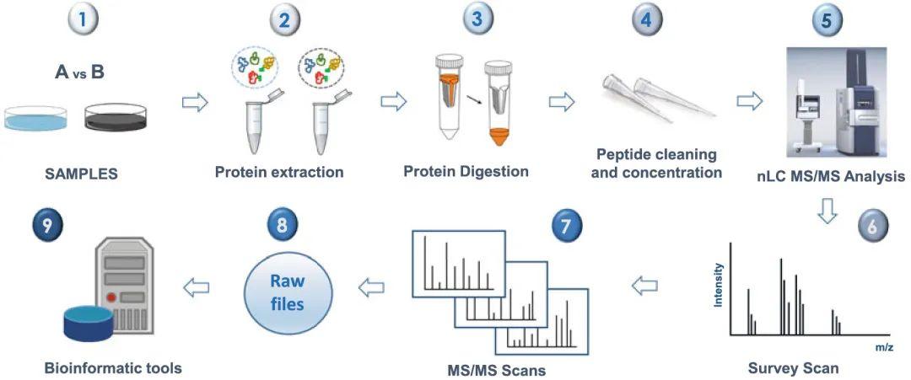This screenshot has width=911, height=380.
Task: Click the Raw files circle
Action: point(287,292)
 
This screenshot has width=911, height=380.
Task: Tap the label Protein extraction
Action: point(279,172)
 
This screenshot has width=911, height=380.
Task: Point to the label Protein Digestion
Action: point(466,171)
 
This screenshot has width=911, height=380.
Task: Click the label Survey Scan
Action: point(793,368)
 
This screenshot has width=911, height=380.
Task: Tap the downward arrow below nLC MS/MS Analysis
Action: point(827,210)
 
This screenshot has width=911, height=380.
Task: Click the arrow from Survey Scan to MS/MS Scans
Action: point(645,285)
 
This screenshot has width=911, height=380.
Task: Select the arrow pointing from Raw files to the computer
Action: point(197,286)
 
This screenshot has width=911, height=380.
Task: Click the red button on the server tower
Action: point(111,297)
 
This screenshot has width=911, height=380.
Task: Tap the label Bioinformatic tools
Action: point(112,367)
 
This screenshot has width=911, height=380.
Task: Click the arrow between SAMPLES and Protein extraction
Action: point(195,103)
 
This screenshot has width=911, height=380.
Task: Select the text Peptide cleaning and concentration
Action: point(656,163)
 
